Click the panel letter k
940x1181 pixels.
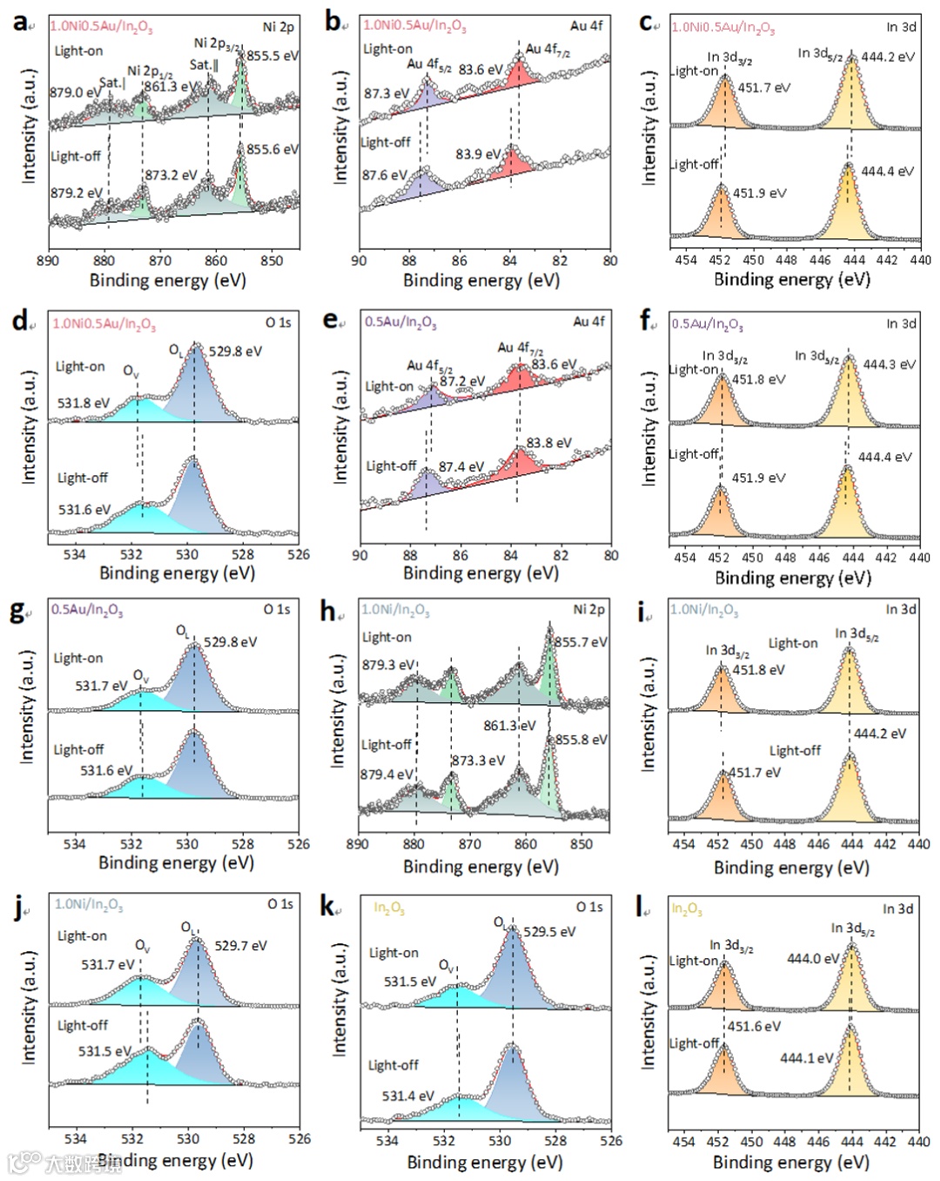click(329, 907)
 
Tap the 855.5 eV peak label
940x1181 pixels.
click(272, 56)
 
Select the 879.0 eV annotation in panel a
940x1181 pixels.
click(74, 92)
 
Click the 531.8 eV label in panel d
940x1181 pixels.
click(84, 403)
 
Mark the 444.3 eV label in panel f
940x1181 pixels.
click(889, 365)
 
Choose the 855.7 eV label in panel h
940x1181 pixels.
click(581, 642)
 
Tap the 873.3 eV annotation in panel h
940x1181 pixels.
click(478, 761)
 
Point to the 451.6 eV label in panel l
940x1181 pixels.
click(754, 1026)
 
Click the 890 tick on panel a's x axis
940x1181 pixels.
click(49, 260)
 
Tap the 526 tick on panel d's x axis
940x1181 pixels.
click(299, 554)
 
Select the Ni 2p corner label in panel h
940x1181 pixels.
click(588, 609)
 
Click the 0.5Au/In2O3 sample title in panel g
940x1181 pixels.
click(86, 609)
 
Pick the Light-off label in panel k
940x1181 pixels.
click(393, 1065)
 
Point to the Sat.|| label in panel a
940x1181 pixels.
click(204, 65)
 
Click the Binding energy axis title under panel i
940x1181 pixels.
click(791, 867)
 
